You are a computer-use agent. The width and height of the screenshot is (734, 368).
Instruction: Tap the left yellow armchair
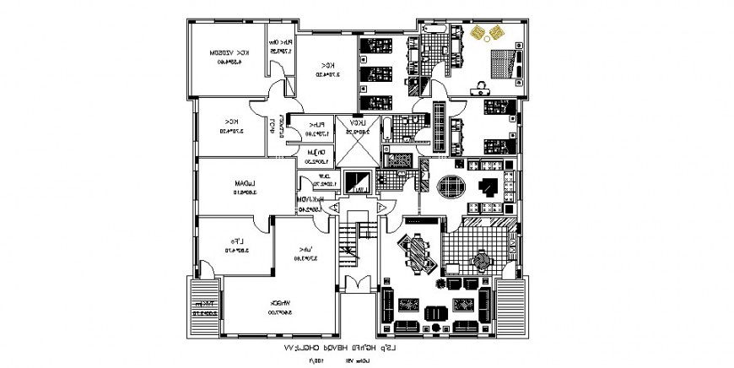(x=479, y=33)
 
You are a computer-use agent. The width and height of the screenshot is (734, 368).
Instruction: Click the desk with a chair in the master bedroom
(x=483, y=85)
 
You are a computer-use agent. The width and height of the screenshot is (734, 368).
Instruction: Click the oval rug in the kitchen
(x=451, y=187)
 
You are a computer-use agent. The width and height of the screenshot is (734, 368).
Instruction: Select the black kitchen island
(x=487, y=187)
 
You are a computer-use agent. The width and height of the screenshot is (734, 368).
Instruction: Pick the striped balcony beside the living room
(x=510, y=306)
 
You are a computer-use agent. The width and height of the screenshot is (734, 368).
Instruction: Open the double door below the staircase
(x=358, y=284)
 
